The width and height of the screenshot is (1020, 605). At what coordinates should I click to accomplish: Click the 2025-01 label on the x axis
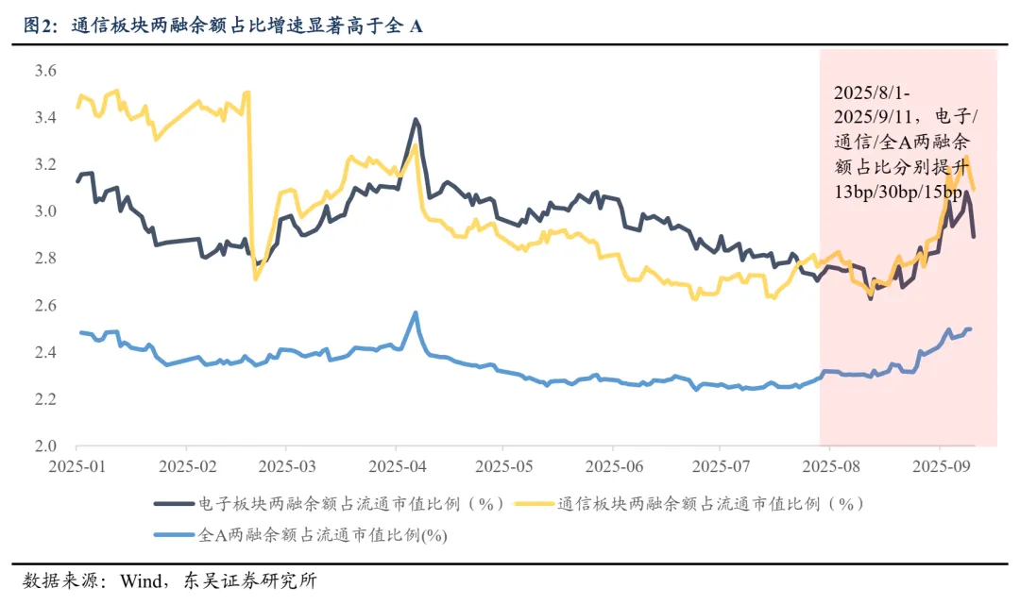point(76,466)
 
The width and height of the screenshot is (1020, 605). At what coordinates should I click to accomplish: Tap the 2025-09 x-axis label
point(939,466)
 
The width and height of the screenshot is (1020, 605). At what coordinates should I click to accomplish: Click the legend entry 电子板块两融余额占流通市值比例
point(349,503)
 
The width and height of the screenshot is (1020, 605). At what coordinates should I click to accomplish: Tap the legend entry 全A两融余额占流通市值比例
point(322,535)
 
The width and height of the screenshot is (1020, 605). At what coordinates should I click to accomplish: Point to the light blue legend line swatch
point(174,535)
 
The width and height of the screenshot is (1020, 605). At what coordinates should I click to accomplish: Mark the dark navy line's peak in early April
point(416,120)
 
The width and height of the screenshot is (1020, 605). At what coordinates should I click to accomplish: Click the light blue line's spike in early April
point(416,312)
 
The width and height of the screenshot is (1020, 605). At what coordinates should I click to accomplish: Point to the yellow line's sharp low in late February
point(255,278)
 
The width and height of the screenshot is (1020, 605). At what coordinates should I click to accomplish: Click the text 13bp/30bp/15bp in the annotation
point(897,193)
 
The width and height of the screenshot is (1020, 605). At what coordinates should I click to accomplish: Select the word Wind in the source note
point(140,580)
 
